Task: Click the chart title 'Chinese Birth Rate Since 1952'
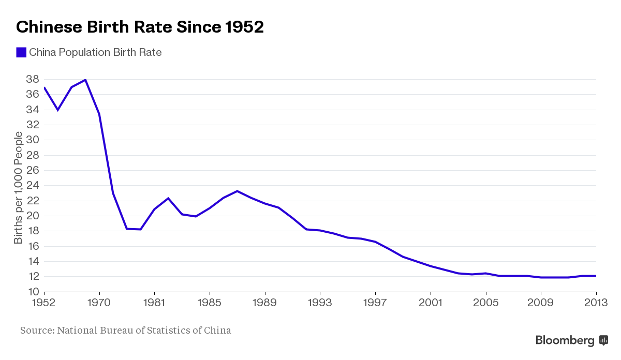(140, 27)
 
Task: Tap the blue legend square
(21, 52)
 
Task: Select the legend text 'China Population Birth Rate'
(95, 52)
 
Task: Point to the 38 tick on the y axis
(32, 79)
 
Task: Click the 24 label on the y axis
(32, 185)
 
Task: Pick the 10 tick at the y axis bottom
(32, 292)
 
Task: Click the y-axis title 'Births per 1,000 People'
(19, 188)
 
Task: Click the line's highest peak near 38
(85, 80)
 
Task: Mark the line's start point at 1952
(45, 87)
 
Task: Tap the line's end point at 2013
(596, 276)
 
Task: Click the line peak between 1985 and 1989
(237, 191)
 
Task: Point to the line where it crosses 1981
(154, 209)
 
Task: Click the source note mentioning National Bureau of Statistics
(126, 330)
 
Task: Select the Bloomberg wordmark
(565, 340)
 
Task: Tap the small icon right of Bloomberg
(603, 340)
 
